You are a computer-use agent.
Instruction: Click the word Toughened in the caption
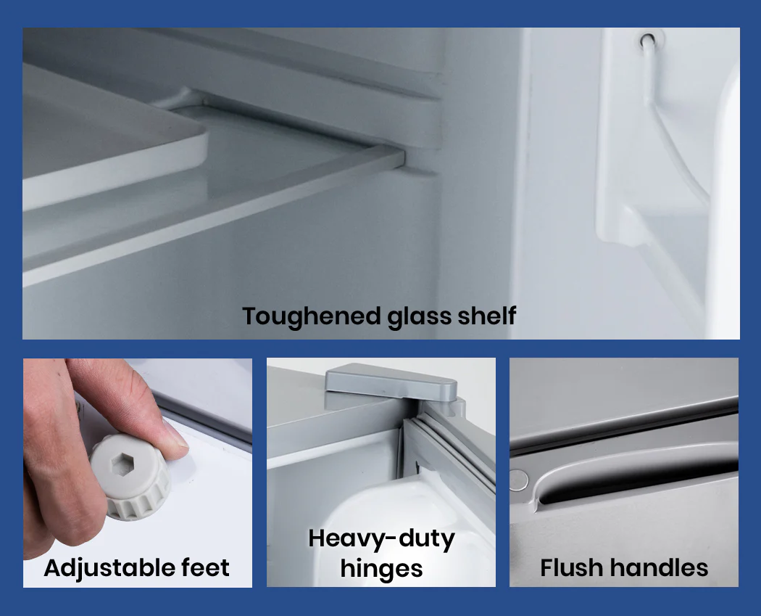pyautogui.click(x=311, y=316)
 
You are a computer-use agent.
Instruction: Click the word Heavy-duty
pyautogui.click(x=381, y=539)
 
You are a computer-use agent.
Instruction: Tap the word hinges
pyautogui.click(x=381, y=568)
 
